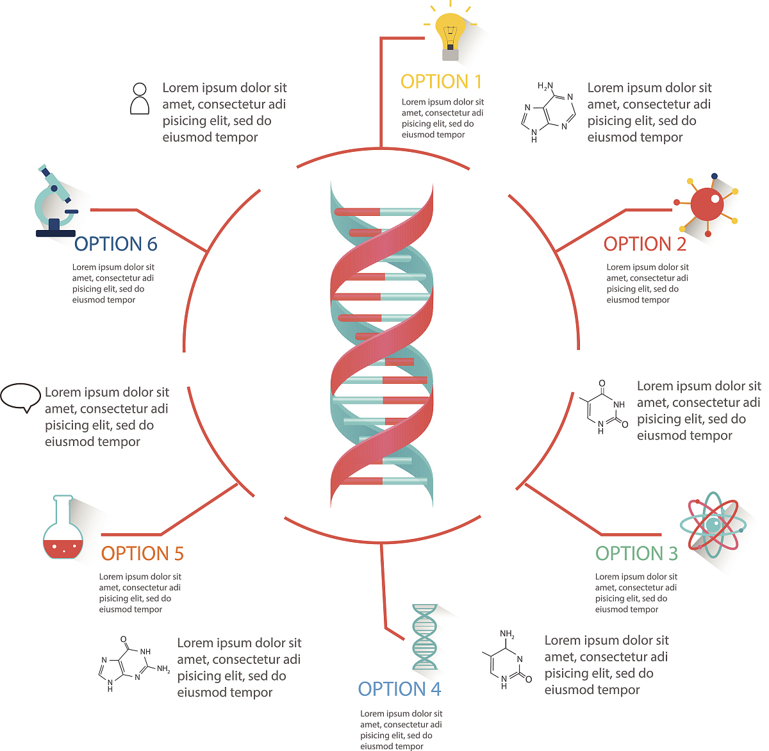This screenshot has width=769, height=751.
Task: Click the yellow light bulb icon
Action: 451,32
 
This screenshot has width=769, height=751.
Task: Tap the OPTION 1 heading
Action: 441,81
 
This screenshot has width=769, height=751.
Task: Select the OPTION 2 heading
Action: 645,244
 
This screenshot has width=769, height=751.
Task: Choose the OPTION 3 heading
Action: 636,554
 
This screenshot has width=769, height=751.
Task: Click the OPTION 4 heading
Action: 399,689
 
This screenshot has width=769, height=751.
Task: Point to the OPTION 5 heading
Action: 142,554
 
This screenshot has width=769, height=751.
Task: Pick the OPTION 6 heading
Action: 115,244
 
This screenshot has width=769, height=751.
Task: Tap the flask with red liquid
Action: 63,529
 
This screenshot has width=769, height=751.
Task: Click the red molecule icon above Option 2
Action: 707,204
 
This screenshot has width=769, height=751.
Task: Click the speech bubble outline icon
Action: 21,397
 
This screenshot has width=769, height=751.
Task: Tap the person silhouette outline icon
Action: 140,99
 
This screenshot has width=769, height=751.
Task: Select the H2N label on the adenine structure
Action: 545,86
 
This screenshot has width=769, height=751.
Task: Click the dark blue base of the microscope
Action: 55,232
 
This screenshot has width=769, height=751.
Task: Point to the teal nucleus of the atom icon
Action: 713,525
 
